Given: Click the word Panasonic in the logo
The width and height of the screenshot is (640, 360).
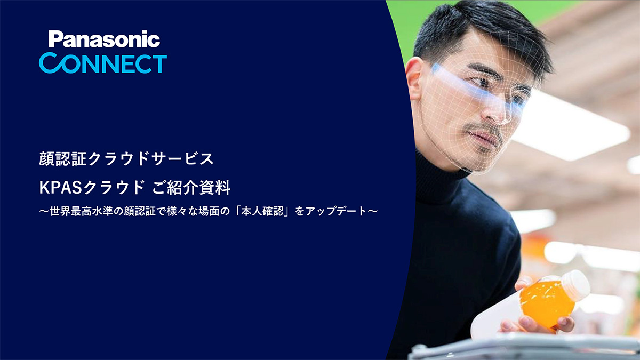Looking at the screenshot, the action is pyautogui.click(x=105, y=39).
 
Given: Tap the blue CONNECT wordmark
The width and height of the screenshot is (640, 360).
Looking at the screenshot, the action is pyautogui.click(x=103, y=63).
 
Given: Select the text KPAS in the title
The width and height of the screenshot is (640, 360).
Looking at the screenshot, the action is pyautogui.click(x=61, y=188).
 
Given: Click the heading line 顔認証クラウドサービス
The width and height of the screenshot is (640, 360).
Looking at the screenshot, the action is pyautogui.click(x=126, y=158).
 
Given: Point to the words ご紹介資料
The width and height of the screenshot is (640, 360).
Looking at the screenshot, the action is pyautogui.click(x=191, y=188).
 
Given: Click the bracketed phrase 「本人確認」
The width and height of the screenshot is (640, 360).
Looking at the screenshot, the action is pyautogui.click(x=262, y=211).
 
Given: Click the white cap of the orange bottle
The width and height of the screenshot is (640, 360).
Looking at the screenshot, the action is pyautogui.click(x=575, y=285).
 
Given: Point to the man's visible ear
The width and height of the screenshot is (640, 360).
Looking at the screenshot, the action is pyautogui.click(x=414, y=78).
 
